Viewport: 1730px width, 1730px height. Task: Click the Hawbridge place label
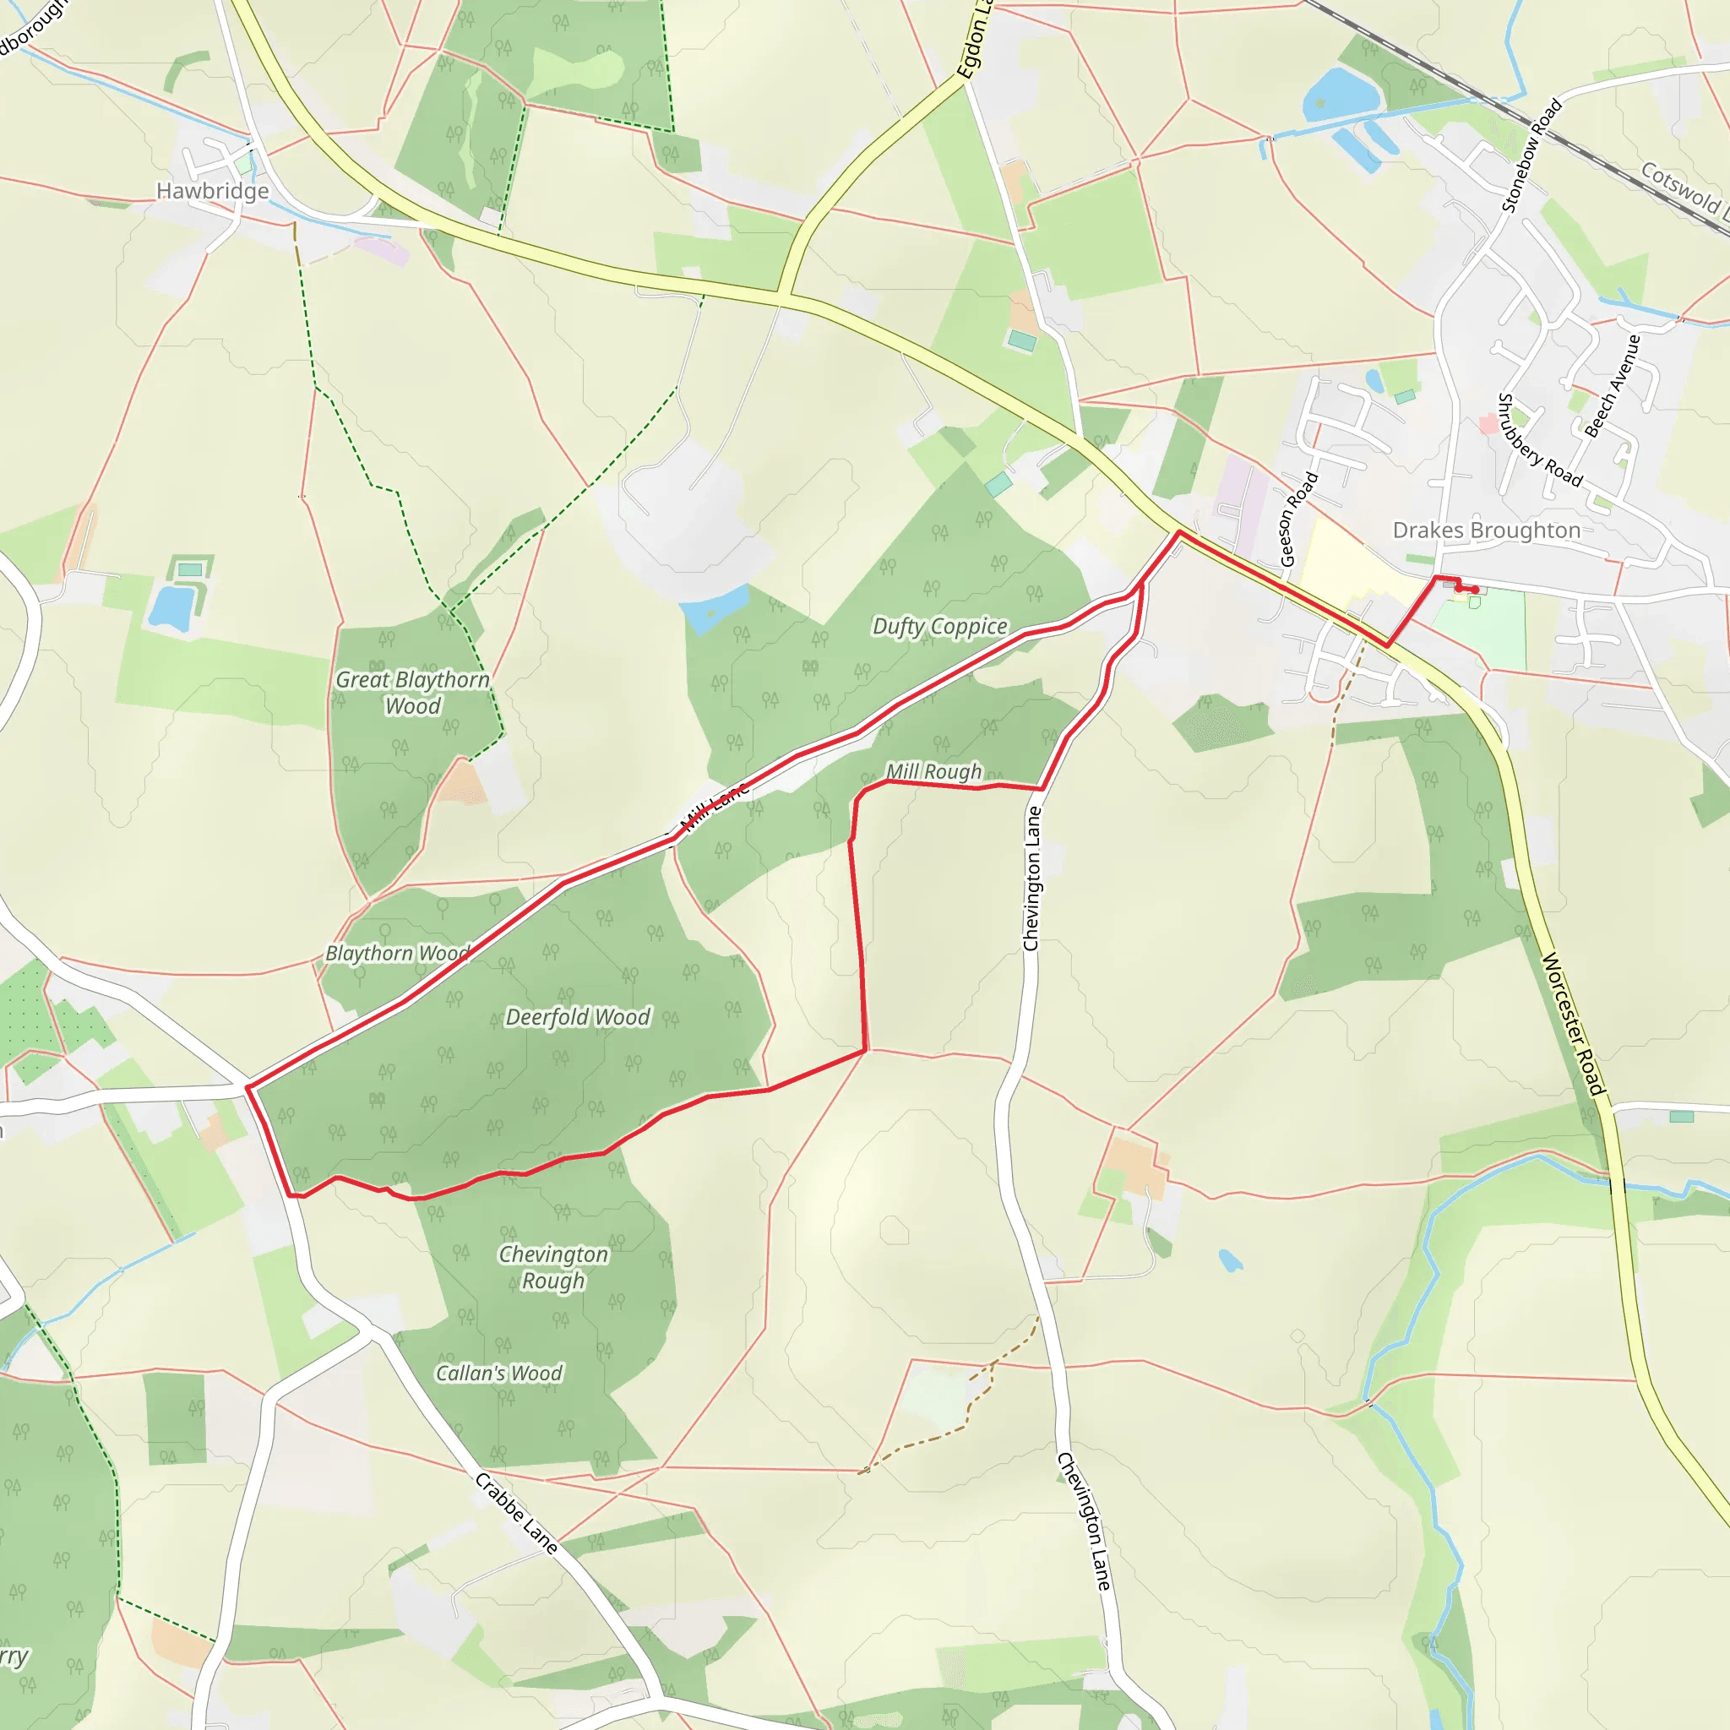[x=212, y=191]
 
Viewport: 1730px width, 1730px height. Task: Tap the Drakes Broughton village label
[x=1487, y=530]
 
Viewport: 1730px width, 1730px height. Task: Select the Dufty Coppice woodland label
[x=939, y=626]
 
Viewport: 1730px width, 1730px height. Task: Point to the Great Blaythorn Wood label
[x=413, y=692]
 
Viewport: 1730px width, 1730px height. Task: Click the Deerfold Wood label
[x=578, y=1017]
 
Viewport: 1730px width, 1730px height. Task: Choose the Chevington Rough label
[x=553, y=1267]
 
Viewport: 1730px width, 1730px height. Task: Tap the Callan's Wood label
[x=498, y=1373]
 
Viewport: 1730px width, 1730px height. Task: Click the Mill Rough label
[x=933, y=771]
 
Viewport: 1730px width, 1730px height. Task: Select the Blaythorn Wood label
[x=397, y=953]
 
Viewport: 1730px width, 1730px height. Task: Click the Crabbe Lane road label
[x=517, y=1513]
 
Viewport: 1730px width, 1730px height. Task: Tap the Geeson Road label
[x=1298, y=519]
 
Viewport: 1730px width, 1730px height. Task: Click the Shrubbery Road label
[x=1539, y=439]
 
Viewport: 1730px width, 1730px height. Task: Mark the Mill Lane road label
[x=714, y=807]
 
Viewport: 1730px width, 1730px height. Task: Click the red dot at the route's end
[x=1475, y=590]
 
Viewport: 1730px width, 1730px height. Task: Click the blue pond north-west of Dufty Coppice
[x=714, y=608]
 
